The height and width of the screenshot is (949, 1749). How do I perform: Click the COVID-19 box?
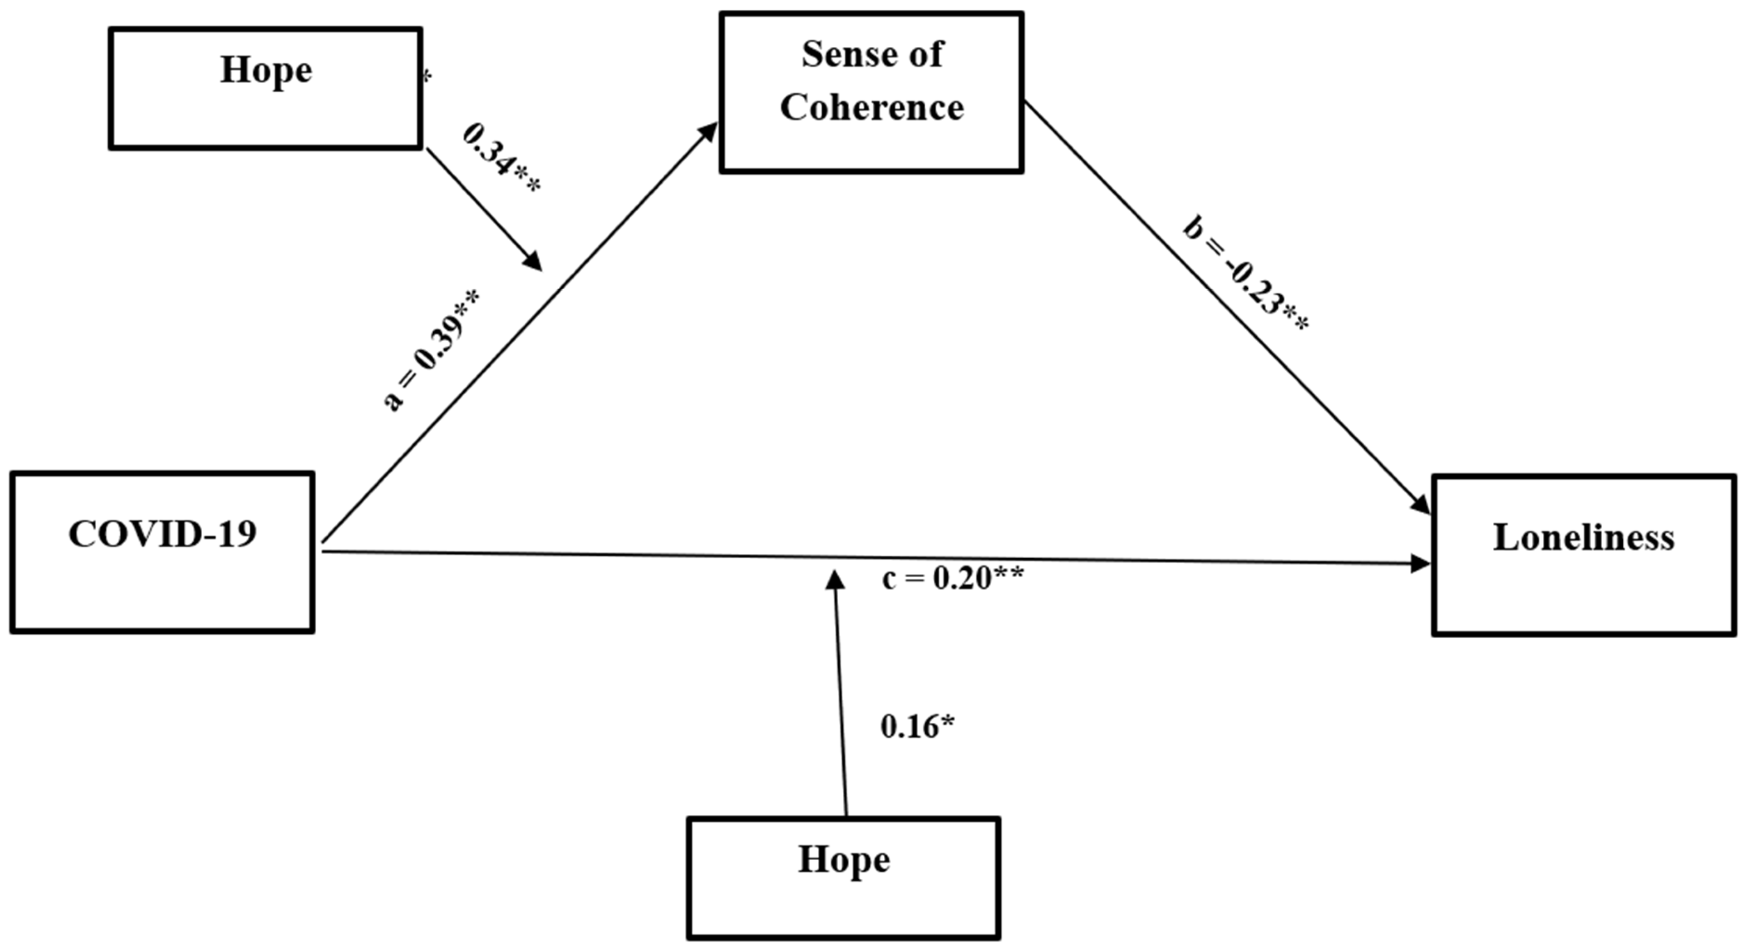163,552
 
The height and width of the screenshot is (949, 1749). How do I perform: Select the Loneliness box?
1583,555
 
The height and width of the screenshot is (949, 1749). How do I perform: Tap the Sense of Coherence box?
872,92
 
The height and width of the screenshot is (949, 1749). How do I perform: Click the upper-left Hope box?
265,88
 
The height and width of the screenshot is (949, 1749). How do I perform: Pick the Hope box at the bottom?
844,878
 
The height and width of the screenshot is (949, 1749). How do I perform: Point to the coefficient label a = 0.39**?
432,349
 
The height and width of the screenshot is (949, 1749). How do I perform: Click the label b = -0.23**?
1246,274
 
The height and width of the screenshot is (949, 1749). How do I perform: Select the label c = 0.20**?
953,578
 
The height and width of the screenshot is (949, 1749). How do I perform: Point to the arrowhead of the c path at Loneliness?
1420,563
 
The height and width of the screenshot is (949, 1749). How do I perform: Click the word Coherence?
872,107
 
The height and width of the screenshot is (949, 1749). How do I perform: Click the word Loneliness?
1583,538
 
